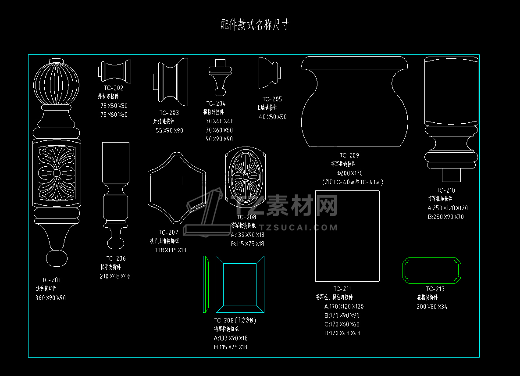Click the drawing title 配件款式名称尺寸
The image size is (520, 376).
(255, 25)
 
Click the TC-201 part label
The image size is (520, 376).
(51, 280)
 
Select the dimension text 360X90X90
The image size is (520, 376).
(50, 298)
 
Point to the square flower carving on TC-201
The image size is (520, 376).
(57, 173)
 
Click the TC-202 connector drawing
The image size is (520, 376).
(115, 71)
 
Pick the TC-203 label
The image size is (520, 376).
(169, 113)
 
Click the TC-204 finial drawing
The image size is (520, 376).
(220, 76)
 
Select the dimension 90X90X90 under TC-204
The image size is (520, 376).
(219, 139)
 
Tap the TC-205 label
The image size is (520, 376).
(272, 99)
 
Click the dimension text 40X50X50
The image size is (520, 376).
(273, 117)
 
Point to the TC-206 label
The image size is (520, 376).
(116, 258)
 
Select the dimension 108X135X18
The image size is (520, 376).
(171, 250)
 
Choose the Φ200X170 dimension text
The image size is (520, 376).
(349, 173)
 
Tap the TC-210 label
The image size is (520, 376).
(445, 190)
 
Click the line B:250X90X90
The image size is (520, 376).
(445, 217)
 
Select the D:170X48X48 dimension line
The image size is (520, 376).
(342, 333)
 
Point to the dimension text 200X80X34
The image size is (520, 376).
(432, 307)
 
